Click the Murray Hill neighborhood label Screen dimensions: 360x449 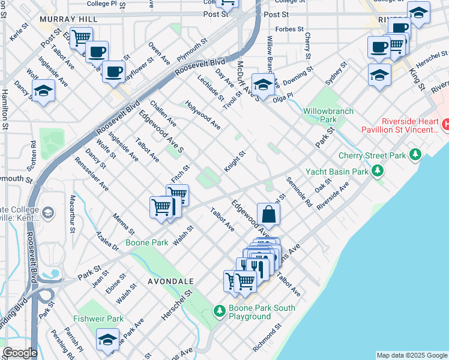pos(68,19)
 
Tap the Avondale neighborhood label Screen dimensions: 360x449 pos(172,281)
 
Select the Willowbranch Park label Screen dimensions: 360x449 pos(328,115)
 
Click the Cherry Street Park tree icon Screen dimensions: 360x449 pos(415,155)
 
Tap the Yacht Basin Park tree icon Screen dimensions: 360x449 pos(378,171)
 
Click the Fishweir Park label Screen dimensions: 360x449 pos(98,319)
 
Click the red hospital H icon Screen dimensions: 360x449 pos(445,124)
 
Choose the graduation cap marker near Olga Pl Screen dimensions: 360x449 pos(263,85)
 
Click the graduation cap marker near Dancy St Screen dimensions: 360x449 pos(43,91)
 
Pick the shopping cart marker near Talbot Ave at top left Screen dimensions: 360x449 pos(81,38)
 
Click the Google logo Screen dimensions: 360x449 pos(20,353)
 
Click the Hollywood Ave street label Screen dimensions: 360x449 pos(203,115)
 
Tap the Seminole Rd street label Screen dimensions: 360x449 pos(299,192)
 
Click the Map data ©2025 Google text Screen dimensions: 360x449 pos(412,355)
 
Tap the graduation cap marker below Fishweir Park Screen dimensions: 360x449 pos(108,339)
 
